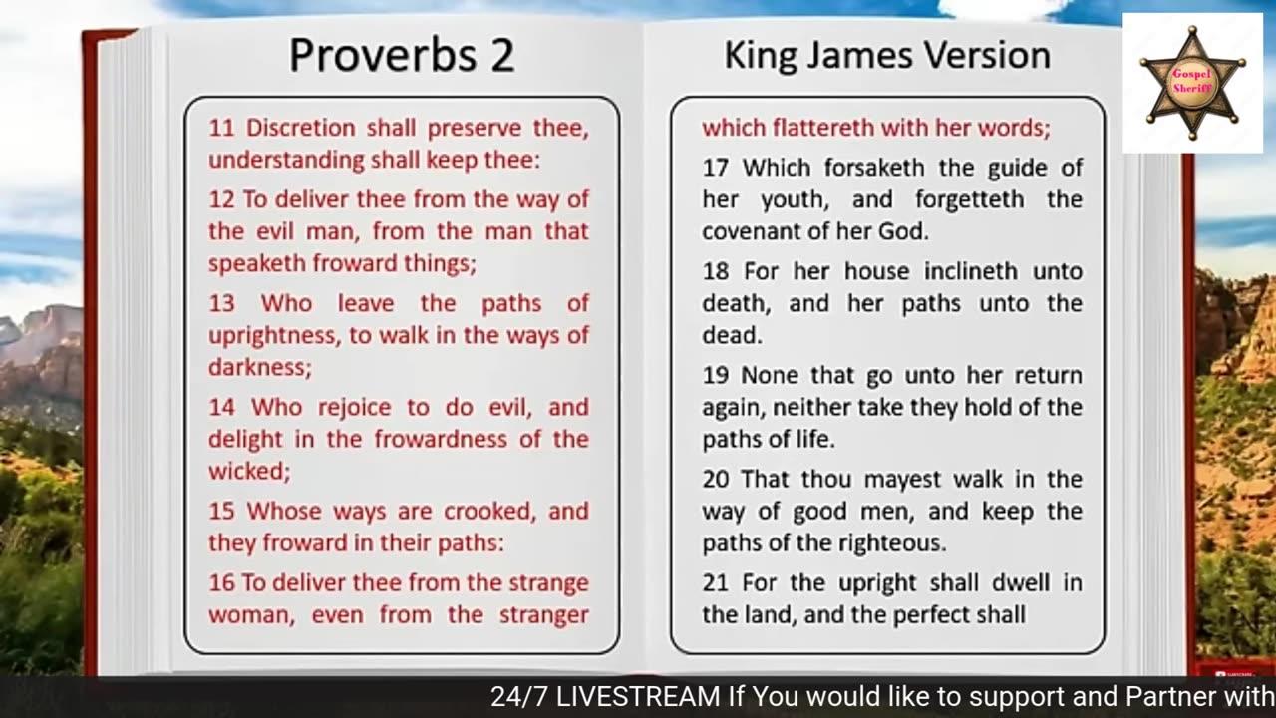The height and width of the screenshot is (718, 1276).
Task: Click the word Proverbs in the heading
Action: click(x=383, y=56)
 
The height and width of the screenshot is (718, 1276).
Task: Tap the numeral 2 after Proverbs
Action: click(x=502, y=55)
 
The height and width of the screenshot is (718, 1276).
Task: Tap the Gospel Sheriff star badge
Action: click(x=1192, y=83)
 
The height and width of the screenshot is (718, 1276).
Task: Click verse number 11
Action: click(x=221, y=128)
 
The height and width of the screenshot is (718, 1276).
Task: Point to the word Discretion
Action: click(x=300, y=128)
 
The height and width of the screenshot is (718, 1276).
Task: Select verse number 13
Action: click(x=221, y=304)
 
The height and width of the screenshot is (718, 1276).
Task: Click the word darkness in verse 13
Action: click(x=260, y=368)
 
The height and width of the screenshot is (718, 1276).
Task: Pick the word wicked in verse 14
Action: click(x=249, y=472)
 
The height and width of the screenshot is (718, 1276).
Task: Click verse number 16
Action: click(x=221, y=583)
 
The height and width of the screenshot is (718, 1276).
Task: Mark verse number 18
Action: click(x=716, y=272)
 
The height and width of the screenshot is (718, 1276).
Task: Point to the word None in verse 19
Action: click(x=769, y=376)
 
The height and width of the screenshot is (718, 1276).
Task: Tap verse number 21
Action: click(x=716, y=583)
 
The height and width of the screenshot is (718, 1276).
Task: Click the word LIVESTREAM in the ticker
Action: click(x=639, y=696)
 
